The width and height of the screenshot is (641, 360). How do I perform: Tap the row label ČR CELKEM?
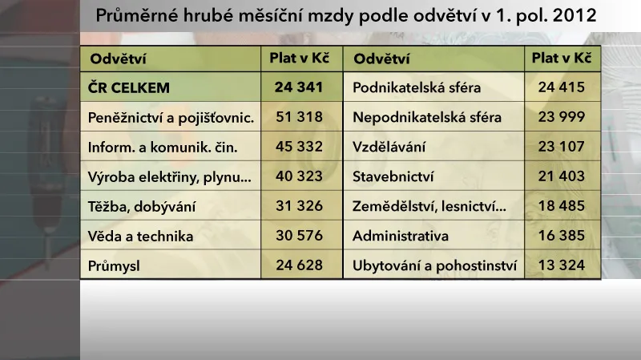(130, 87)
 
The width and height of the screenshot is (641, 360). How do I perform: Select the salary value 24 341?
(299, 87)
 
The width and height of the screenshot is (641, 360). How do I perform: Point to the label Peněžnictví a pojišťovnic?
(171, 117)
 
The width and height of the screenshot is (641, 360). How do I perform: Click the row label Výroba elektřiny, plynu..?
(170, 176)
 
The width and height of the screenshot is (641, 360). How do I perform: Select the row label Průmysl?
(114, 265)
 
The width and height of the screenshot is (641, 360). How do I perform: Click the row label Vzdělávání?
(390, 147)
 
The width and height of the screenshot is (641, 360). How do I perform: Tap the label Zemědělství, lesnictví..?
(429, 206)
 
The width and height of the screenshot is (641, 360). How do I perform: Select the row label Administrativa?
(401, 236)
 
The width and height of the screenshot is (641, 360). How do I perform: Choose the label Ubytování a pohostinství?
(435, 265)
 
